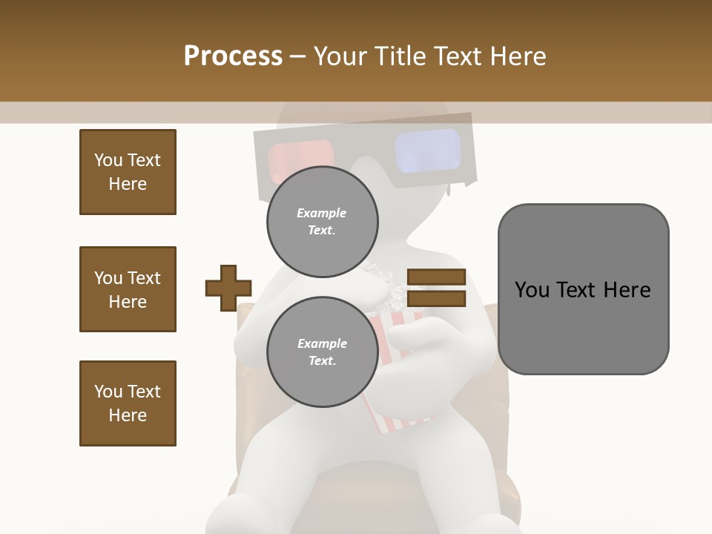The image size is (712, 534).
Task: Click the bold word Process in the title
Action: pos(233,56)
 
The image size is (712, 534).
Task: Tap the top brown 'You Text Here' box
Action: pos(128,172)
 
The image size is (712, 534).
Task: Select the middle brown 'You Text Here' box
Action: pos(128,289)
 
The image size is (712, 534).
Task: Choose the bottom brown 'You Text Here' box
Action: pos(128,403)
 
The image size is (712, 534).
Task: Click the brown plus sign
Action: pos(228,288)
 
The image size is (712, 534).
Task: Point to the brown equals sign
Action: pos(436,288)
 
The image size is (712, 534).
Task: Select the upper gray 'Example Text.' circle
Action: pos(322,221)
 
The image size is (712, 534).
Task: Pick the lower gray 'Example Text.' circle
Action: pos(322,352)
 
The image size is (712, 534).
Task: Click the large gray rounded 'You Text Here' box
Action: pos(583,289)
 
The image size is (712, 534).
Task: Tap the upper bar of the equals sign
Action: pos(436,277)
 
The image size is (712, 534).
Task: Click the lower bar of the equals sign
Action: pos(436,298)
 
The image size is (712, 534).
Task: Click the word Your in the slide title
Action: pos(339,56)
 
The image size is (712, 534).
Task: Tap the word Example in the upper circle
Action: pos(322,213)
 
